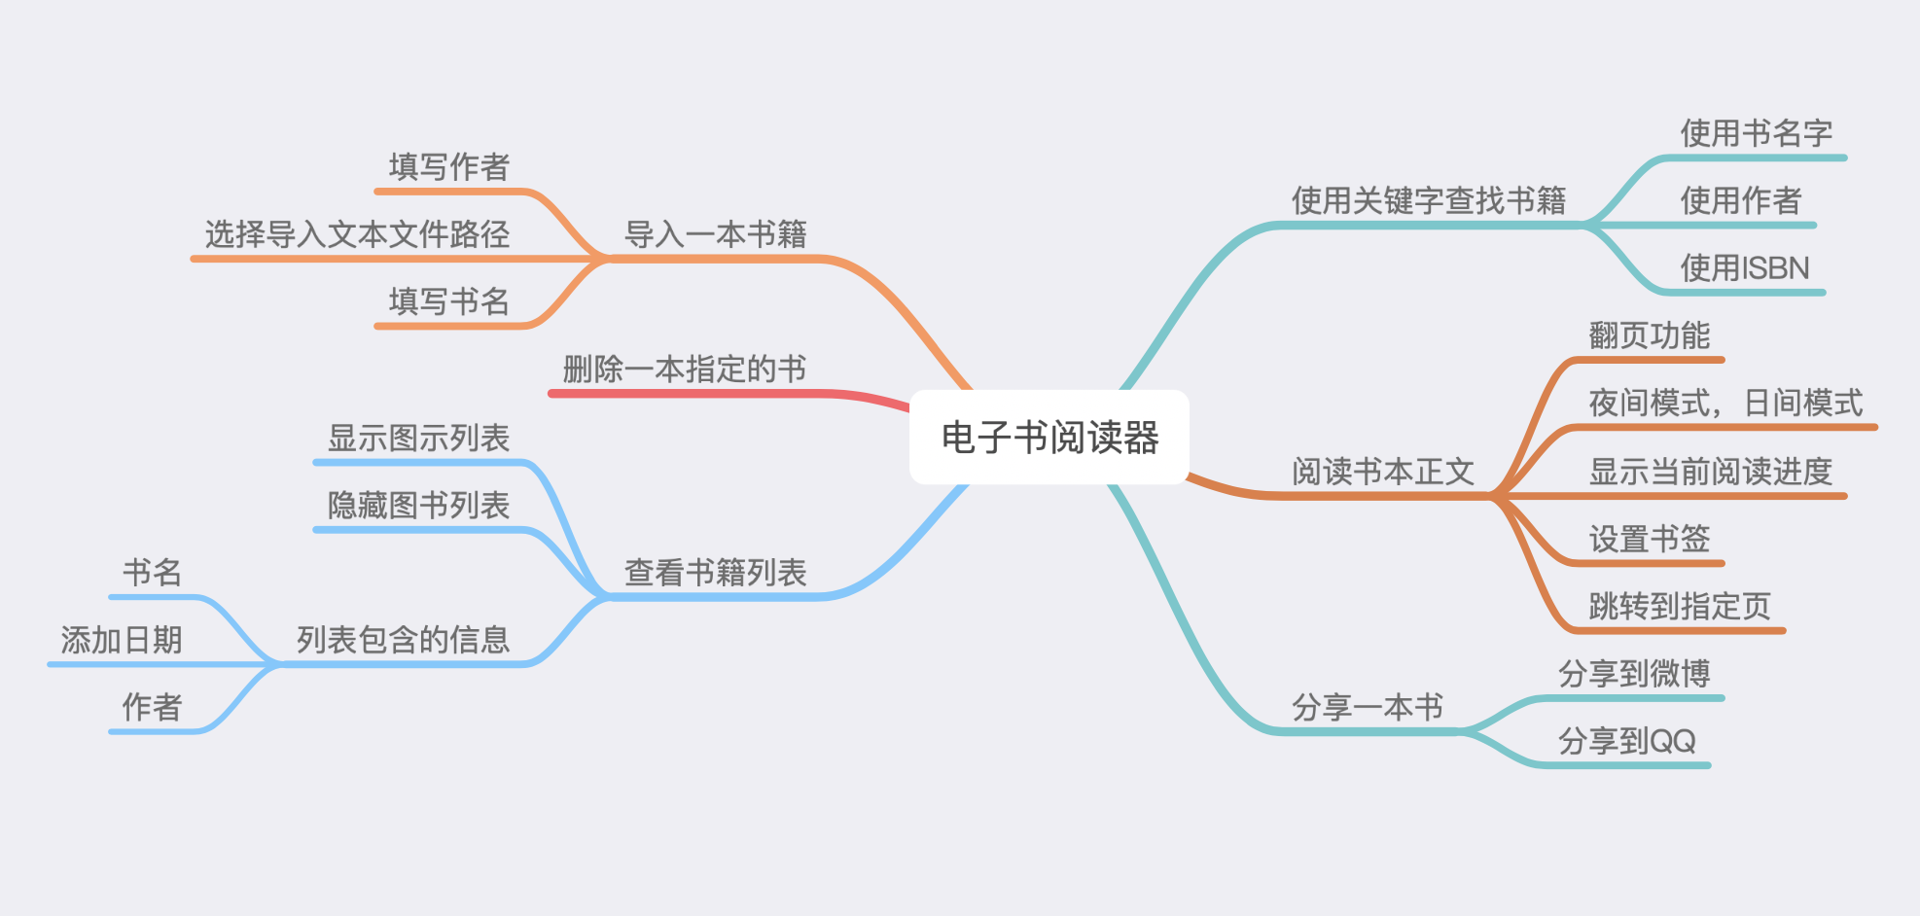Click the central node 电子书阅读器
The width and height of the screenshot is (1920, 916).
[x=1049, y=438]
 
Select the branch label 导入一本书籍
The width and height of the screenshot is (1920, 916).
[x=715, y=234]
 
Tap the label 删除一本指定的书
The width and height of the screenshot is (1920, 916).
[x=684, y=370]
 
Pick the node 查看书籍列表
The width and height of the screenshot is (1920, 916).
[x=715, y=573]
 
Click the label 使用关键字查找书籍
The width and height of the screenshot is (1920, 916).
[x=1428, y=200]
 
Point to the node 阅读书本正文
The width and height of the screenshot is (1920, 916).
[x=1382, y=472]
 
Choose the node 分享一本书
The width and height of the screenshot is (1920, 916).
[x=1367, y=707]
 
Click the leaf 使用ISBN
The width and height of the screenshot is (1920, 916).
[x=1744, y=268]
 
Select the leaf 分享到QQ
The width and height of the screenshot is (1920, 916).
[x=1626, y=741]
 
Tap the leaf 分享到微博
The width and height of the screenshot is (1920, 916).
[x=1633, y=673]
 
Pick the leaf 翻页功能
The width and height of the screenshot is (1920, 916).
[x=1649, y=335]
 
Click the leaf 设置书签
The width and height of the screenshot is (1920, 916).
[x=1649, y=539]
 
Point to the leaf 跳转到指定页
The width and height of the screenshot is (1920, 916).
[x=1679, y=606]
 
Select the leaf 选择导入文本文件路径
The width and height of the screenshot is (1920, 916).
[x=357, y=234]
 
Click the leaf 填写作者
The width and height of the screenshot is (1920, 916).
[x=448, y=166]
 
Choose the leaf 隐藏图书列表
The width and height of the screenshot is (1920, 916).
[x=418, y=506]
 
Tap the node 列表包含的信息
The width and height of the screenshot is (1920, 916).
[x=403, y=640]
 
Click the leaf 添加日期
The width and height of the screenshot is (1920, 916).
[x=122, y=640]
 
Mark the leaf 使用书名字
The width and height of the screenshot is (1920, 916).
[x=1756, y=133]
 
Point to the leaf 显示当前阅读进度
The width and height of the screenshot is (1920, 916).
[x=1710, y=472]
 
